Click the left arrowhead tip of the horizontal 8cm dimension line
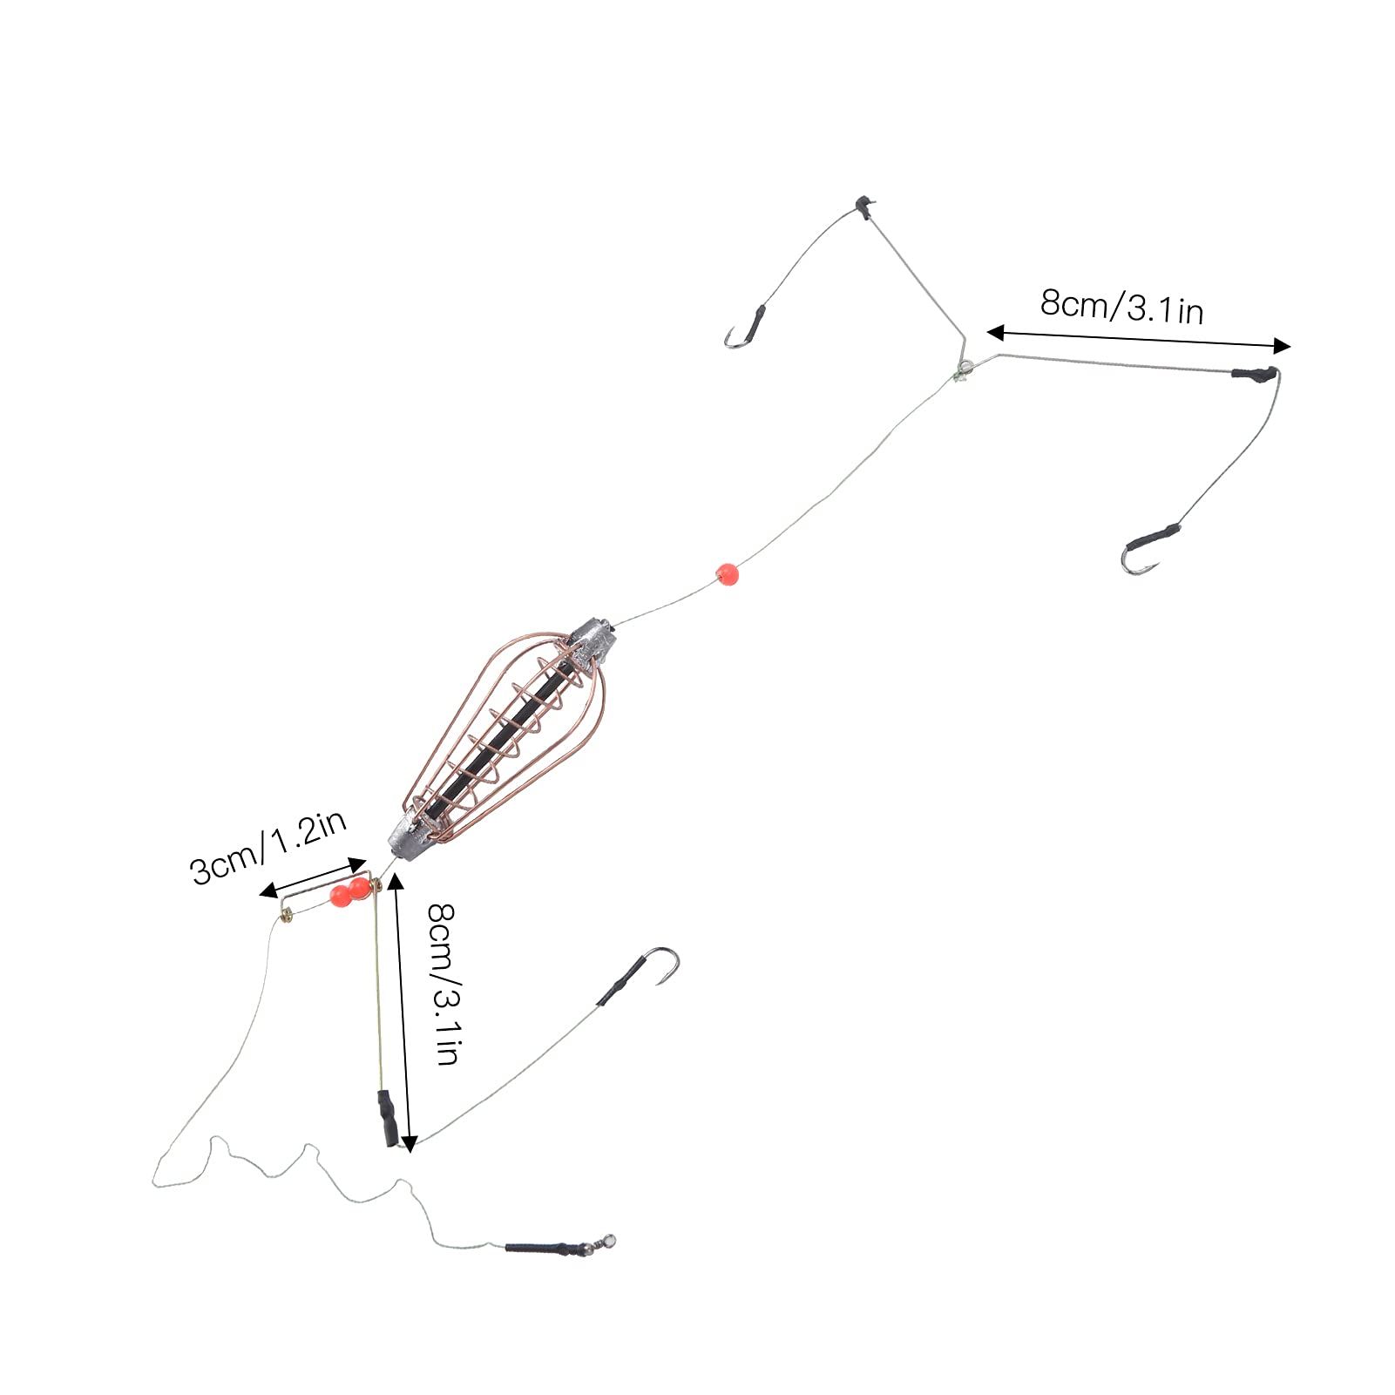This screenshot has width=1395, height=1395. point(987,332)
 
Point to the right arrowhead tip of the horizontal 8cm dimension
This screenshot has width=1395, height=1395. point(1290,346)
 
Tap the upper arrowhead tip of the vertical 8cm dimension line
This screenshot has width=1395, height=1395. point(396,874)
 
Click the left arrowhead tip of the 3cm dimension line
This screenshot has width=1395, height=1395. point(261,894)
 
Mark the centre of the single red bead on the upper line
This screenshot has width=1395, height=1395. point(727,573)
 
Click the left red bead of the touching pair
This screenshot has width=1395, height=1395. point(338,897)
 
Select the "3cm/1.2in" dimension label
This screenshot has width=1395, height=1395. point(269,846)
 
